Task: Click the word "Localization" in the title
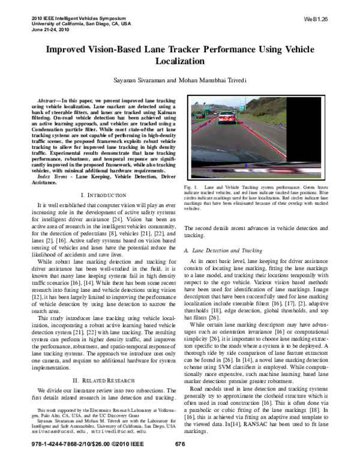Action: click(x=179, y=61)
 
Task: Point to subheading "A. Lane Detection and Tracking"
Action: click(x=224, y=248)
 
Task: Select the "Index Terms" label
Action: click(x=53, y=178)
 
